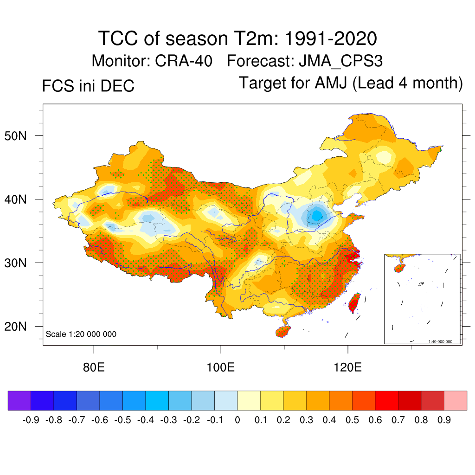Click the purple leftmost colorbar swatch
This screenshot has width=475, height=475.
point(19,401)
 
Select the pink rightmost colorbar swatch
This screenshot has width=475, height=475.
point(456,401)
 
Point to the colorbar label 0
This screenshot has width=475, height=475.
point(237,420)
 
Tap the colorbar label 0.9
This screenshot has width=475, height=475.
point(444,420)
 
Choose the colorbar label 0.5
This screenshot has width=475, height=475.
point(353,420)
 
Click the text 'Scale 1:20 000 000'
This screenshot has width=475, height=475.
point(81,334)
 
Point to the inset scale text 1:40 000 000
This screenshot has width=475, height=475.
point(440,341)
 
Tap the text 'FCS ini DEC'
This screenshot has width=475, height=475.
point(88,86)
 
